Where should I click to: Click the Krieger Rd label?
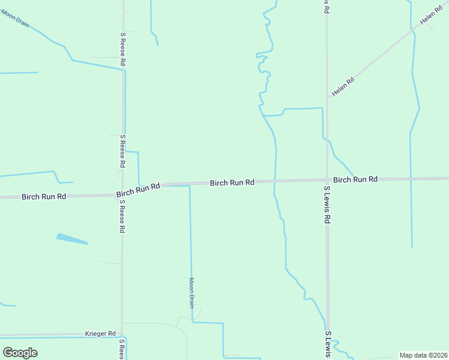coord(100,333)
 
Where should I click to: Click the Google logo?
coord(20,352)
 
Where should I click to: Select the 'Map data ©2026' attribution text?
coord(423,355)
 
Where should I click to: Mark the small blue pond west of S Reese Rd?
coord(72,239)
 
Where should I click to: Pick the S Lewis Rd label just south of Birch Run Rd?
coord(328,205)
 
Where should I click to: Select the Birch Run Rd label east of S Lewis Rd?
coord(355,179)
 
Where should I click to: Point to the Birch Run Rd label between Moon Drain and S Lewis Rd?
coord(232,182)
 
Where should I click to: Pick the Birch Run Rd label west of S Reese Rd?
coord(44,196)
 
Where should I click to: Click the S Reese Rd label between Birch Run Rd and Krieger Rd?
coord(121,217)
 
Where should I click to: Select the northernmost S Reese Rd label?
coord(122,49)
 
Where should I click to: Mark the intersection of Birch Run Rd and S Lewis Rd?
coord(327,180)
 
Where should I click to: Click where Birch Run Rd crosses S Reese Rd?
coord(122,193)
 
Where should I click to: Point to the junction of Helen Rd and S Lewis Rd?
coord(328,97)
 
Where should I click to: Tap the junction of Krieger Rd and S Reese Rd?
coord(122,334)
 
